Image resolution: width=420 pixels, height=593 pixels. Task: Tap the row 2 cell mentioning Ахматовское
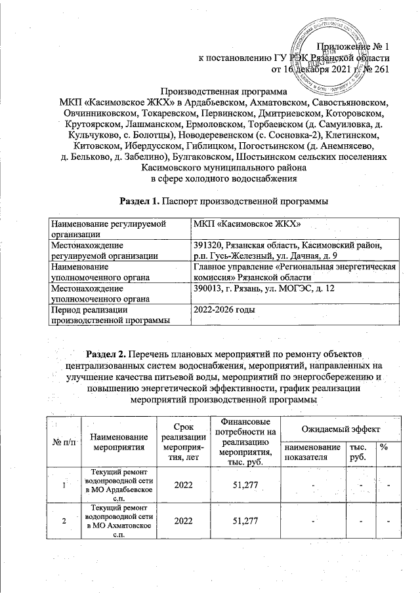(119, 520)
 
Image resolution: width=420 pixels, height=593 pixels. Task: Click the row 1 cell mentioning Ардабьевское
(119, 485)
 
